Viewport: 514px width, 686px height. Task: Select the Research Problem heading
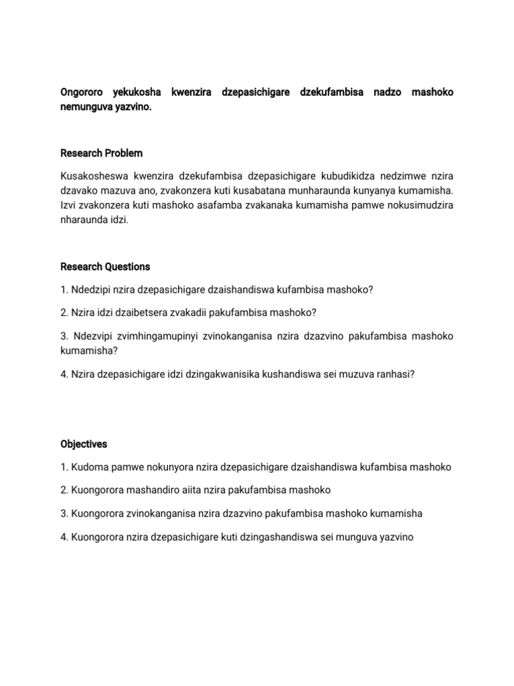tap(101, 153)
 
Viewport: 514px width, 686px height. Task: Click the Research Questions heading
tap(105, 267)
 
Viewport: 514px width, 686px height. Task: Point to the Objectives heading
tap(84, 444)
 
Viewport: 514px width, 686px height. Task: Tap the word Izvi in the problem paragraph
tap(70, 206)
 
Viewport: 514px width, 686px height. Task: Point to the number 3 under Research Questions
tap(64, 335)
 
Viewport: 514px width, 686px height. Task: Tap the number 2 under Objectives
tap(64, 490)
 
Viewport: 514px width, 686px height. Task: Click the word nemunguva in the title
tap(84, 107)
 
